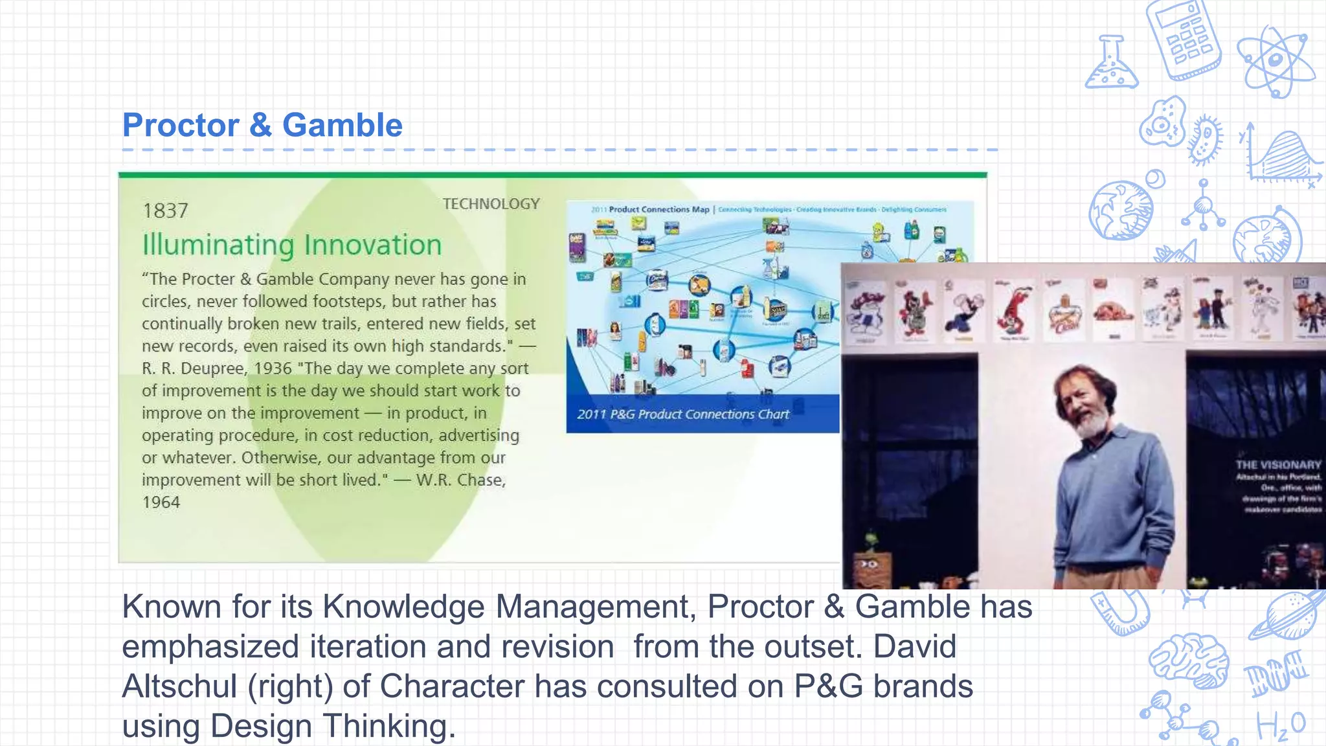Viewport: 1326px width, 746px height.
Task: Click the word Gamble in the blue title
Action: click(x=342, y=125)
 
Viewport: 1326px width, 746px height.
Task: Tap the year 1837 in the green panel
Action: click(x=165, y=211)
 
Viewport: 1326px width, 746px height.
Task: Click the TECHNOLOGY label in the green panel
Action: click(x=491, y=204)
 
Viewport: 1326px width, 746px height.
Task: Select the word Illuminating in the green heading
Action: click(x=218, y=245)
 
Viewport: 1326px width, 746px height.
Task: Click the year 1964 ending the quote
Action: click(x=161, y=503)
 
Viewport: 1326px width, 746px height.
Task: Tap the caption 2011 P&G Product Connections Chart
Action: click(x=683, y=414)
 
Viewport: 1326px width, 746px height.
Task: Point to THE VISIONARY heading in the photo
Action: click(x=1277, y=465)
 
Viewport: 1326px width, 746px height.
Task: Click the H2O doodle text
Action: click(x=1280, y=726)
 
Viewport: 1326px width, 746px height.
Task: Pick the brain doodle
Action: click(x=1189, y=661)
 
